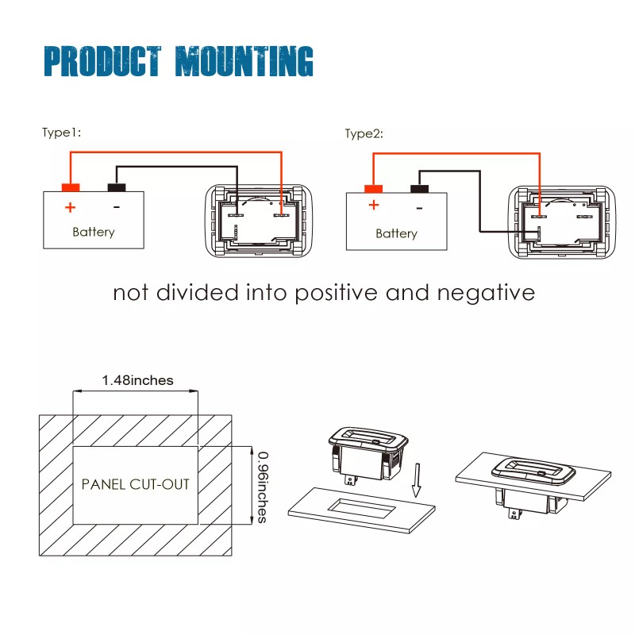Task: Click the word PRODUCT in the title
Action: (102, 61)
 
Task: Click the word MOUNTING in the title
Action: (244, 61)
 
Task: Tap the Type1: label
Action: (62, 133)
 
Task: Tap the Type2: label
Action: (364, 133)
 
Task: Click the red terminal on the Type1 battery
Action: (71, 187)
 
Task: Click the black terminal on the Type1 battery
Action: (117, 187)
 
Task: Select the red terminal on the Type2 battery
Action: (373, 189)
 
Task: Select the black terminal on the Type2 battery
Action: (420, 189)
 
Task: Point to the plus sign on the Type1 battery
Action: (71, 207)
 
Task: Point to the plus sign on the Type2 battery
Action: (374, 205)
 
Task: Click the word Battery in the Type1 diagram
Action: (94, 232)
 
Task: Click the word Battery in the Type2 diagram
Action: (396, 233)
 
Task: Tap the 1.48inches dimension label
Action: (137, 380)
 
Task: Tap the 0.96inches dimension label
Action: (263, 487)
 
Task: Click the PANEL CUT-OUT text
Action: (136, 484)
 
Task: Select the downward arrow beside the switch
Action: (417, 480)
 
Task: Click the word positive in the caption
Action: (336, 294)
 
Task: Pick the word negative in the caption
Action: (486, 293)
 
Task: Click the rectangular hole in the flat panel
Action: (361, 508)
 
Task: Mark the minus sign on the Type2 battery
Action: (420, 209)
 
